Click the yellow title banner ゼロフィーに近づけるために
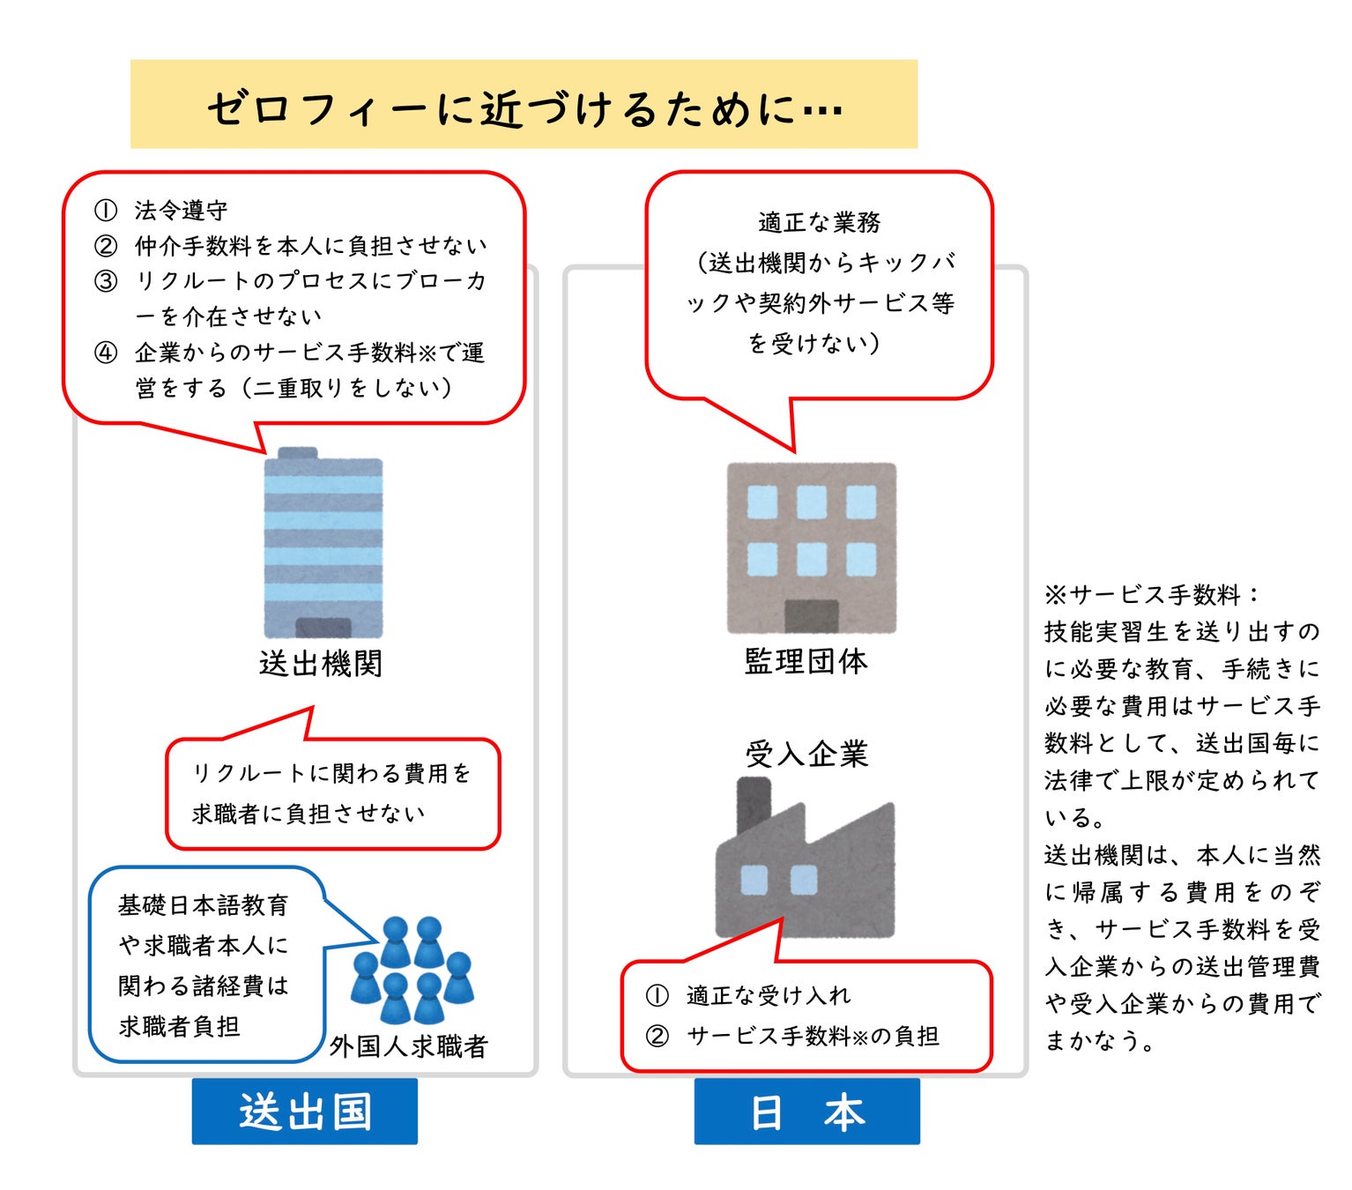(524, 104)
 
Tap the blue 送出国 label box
(304, 1111)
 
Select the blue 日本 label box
(806, 1111)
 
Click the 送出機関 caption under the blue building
(321, 663)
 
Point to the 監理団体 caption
(806, 660)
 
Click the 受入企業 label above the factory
(806, 754)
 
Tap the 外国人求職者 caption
(408, 1046)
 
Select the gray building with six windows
(811, 547)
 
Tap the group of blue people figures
(412, 970)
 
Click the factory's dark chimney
(754, 802)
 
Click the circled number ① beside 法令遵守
(106, 211)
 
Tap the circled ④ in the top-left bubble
(106, 353)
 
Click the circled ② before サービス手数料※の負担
(657, 1036)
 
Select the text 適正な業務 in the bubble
(819, 222)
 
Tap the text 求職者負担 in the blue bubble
(179, 1026)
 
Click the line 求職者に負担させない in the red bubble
(308, 813)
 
